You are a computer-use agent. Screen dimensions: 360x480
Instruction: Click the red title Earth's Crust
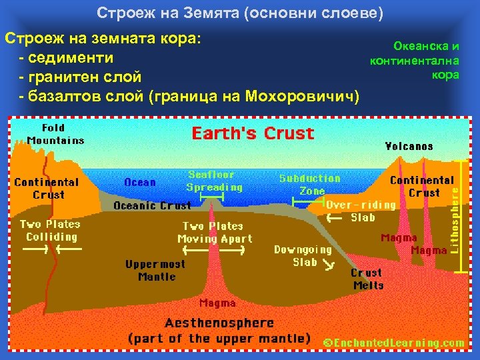253,133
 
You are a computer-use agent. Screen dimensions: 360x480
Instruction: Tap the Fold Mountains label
55,134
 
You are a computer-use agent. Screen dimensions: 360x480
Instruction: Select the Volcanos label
409,146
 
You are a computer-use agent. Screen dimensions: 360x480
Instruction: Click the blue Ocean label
140,182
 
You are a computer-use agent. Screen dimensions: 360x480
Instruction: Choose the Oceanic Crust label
152,205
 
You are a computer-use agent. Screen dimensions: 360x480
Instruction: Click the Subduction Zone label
309,185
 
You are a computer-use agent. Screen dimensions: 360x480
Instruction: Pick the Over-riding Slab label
361,211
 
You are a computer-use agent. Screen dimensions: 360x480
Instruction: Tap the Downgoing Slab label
304,256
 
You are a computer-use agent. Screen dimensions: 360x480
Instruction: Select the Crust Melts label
367,279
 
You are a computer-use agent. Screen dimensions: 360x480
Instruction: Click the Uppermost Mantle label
155,270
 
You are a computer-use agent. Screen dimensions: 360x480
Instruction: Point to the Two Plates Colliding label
50,231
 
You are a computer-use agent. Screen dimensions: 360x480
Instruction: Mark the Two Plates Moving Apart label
215,232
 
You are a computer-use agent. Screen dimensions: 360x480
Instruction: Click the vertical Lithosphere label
455,219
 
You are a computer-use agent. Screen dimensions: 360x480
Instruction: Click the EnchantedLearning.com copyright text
394,342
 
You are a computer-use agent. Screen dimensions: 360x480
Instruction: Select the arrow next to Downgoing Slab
329,267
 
